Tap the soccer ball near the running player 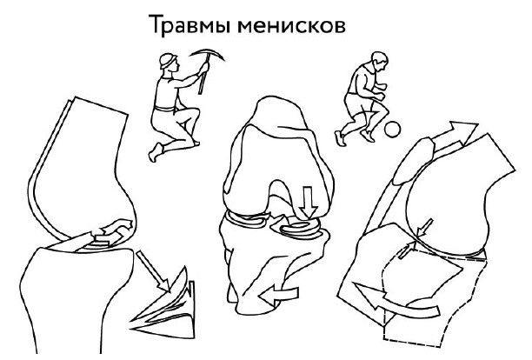(393, 130)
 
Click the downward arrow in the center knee (304, 204)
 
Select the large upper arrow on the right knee (452, 133)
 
